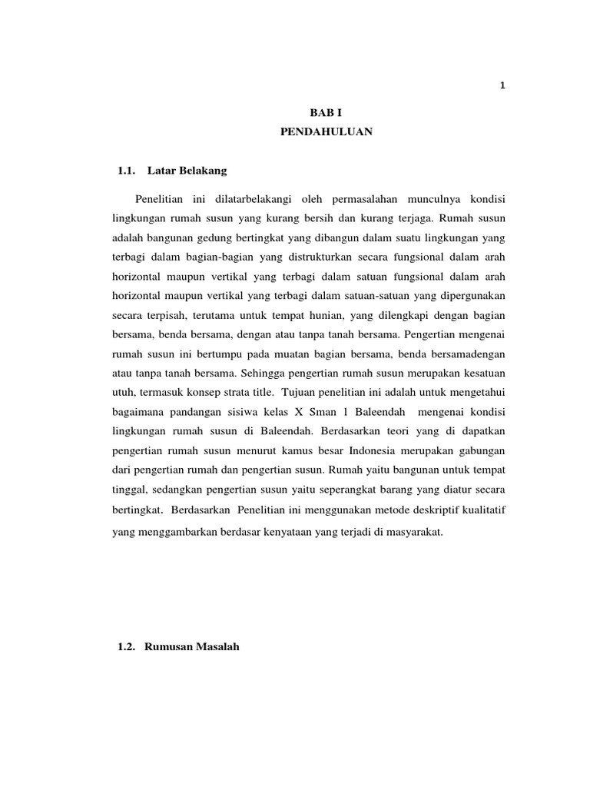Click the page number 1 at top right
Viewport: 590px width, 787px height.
pos(502,86)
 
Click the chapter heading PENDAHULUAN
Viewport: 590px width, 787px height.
pos(326,132)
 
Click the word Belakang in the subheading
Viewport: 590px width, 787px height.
pos(204,168)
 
